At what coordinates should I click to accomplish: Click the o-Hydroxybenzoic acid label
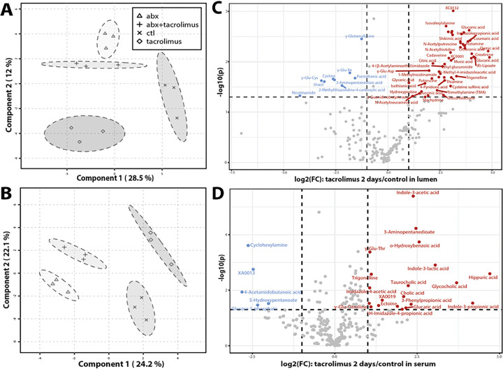[x=415, y=245]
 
